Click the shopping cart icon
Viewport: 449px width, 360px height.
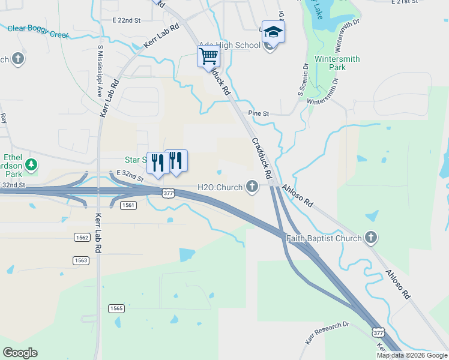[x=208, y=57]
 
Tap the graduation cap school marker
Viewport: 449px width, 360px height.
[x=273, y=32]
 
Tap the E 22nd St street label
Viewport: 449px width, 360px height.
[x=126, y=20]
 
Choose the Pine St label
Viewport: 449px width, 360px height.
[x=259, y=113]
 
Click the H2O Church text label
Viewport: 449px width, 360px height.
[x=220, y=187]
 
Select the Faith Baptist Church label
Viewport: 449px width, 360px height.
[x=324, y=238]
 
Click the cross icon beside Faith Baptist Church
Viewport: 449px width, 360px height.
[x=371, y=238]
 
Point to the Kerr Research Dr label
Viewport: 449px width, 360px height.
[x=327, y=333]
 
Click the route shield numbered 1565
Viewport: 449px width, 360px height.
[x=117, y=308]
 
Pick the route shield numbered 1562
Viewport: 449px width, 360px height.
[x=82, y=238]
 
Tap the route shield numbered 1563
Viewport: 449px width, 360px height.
[x=81, y=260]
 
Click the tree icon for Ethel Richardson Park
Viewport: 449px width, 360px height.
[x=31, y=164]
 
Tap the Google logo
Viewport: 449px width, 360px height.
[x=20, y=353]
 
